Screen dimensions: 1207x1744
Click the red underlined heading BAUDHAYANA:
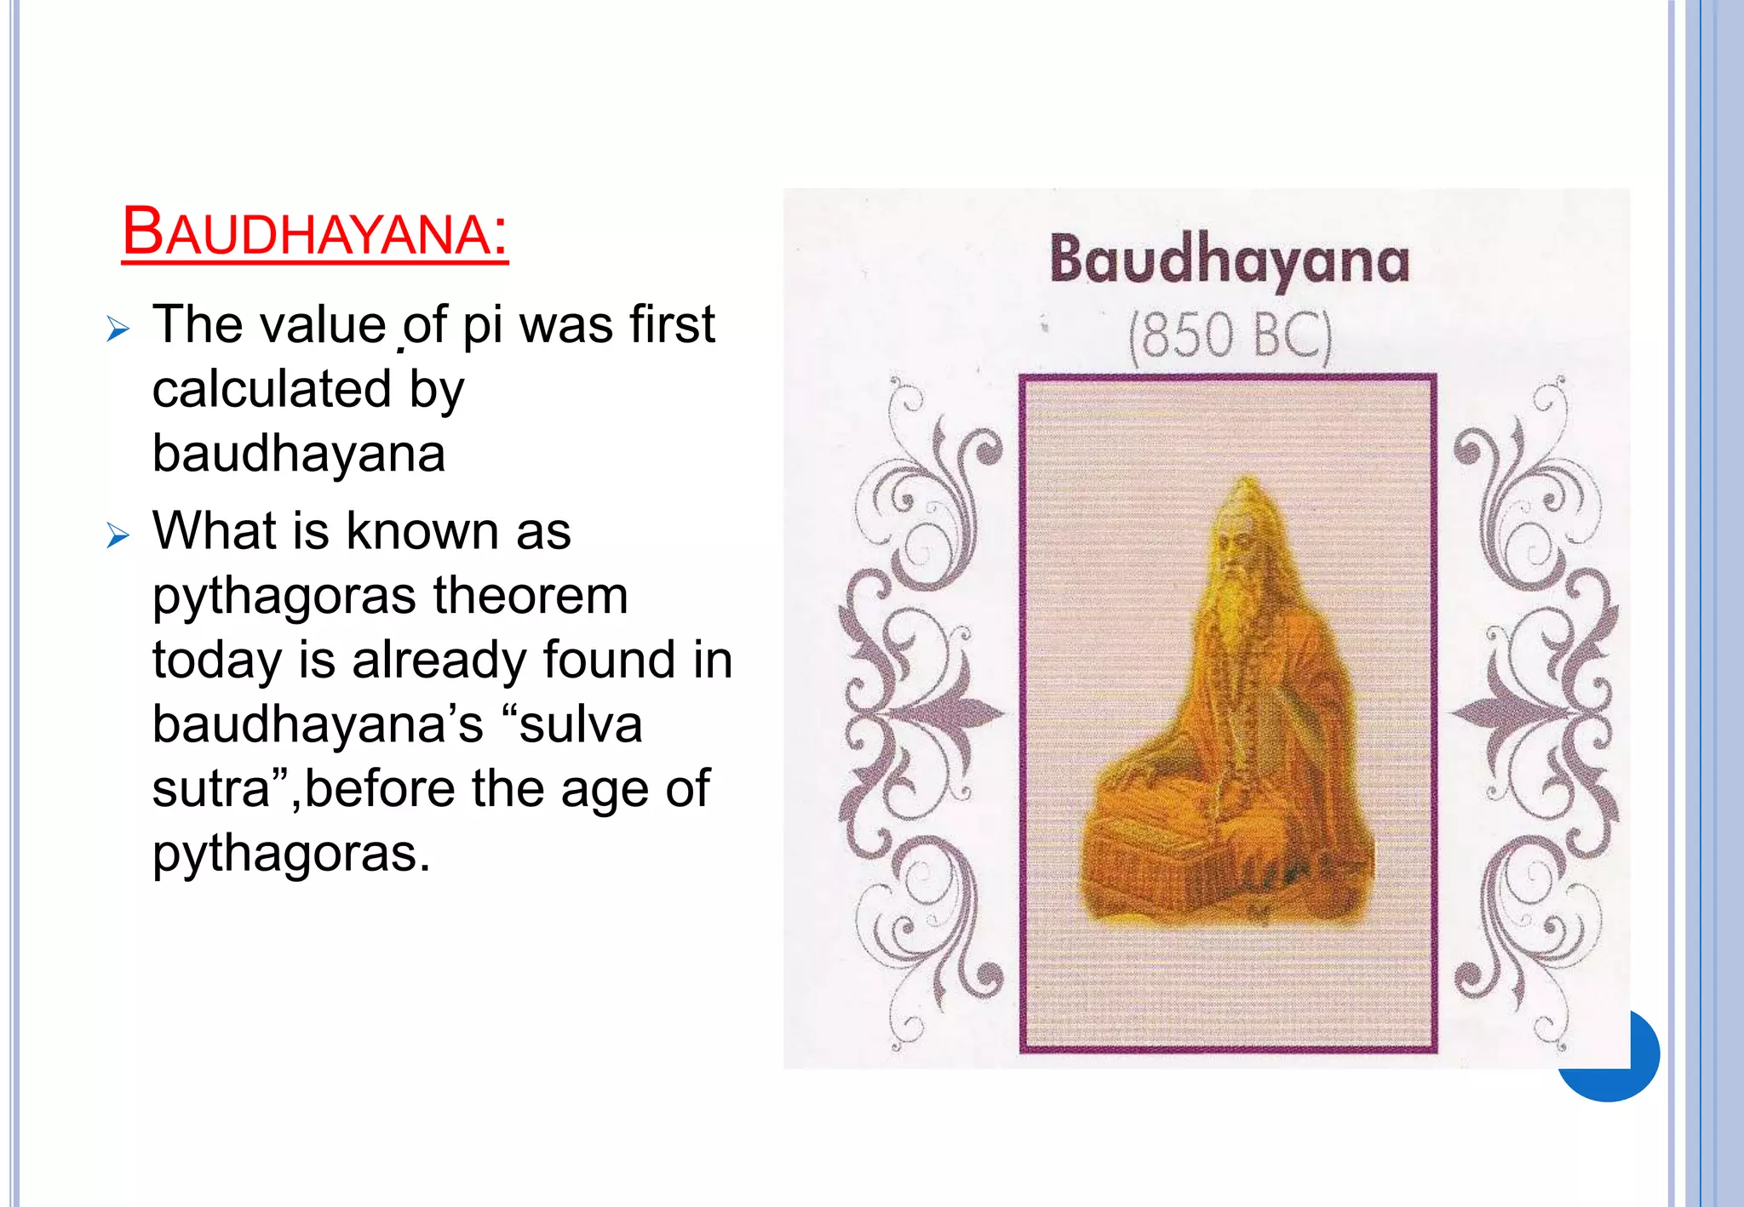pyautogui.click(x=315, y=232)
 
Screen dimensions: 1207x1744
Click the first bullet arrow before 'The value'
pyautogui.click(x=118, y=329)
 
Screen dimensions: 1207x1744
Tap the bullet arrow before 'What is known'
pyautogui.click(x=118, y=536)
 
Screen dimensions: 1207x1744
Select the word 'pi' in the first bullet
pyautogui.click(x=483, y=326)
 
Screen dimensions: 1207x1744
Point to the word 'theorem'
pyautogui.click(x=531, y=596)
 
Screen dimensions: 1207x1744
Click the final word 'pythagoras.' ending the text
pyautogui.click(x=291, y=855)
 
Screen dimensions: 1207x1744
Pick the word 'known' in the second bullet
pyautogui.click(x=423, y=532)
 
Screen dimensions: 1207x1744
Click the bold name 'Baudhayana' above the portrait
pyautogui.click(x=1229, y=260)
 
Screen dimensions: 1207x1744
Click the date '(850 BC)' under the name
pyautogui.click(x=1230, y=336)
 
